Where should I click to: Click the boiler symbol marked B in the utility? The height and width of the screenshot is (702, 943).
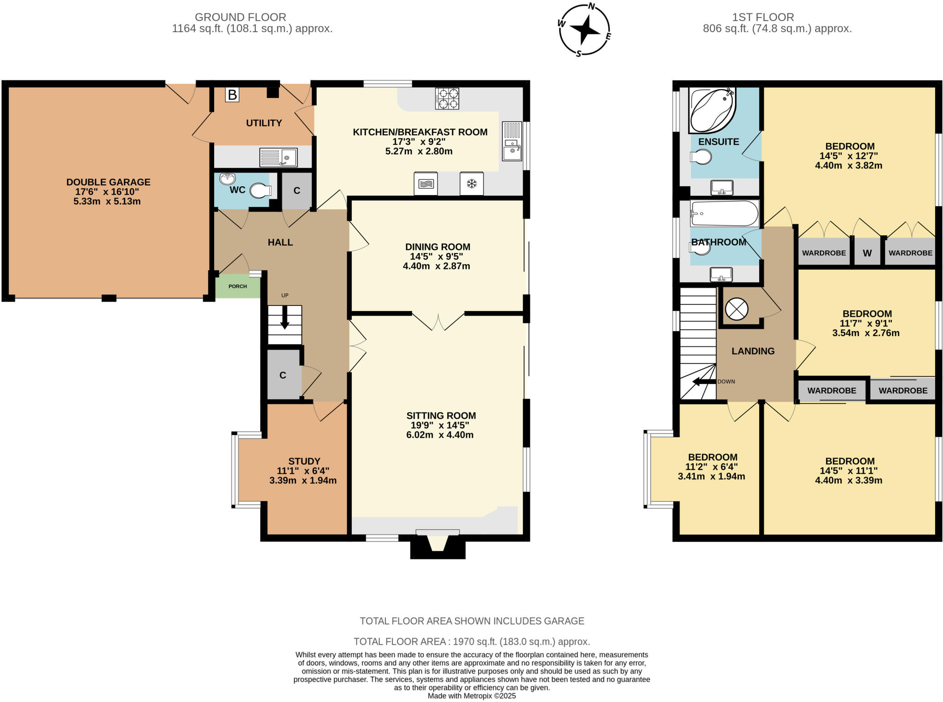click(x=232, y=95)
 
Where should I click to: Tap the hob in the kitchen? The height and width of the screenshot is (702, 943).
click(x=447, y=98)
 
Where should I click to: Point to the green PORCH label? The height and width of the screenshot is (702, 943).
click(x=238, y=286)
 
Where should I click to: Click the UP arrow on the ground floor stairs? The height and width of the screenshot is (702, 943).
click(x=285, y=317)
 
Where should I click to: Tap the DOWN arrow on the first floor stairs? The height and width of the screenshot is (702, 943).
click(x=702, y=381)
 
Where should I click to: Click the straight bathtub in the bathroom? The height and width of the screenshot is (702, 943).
click(x=724, y=213)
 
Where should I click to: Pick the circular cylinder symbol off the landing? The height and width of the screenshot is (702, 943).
click(x=736, y=309)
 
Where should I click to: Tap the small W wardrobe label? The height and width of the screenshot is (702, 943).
click(x=867, y=253)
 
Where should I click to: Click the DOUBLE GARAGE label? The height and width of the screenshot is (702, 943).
click(x=108, y=182)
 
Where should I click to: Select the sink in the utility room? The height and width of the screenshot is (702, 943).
click(x=278, y=157)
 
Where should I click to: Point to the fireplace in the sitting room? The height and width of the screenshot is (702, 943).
click(x=437, y=544)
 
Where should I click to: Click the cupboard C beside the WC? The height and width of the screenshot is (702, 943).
click(x=297, y=190)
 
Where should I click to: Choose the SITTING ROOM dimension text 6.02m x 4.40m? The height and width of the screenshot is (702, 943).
click(x=440, y=435)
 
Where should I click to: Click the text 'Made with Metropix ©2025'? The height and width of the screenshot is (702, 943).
click(x=471, y=696)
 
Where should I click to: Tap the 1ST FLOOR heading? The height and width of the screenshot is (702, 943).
click(x=763, y=17)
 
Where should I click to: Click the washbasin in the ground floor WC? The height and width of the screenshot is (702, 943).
click(x=227, y=178)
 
